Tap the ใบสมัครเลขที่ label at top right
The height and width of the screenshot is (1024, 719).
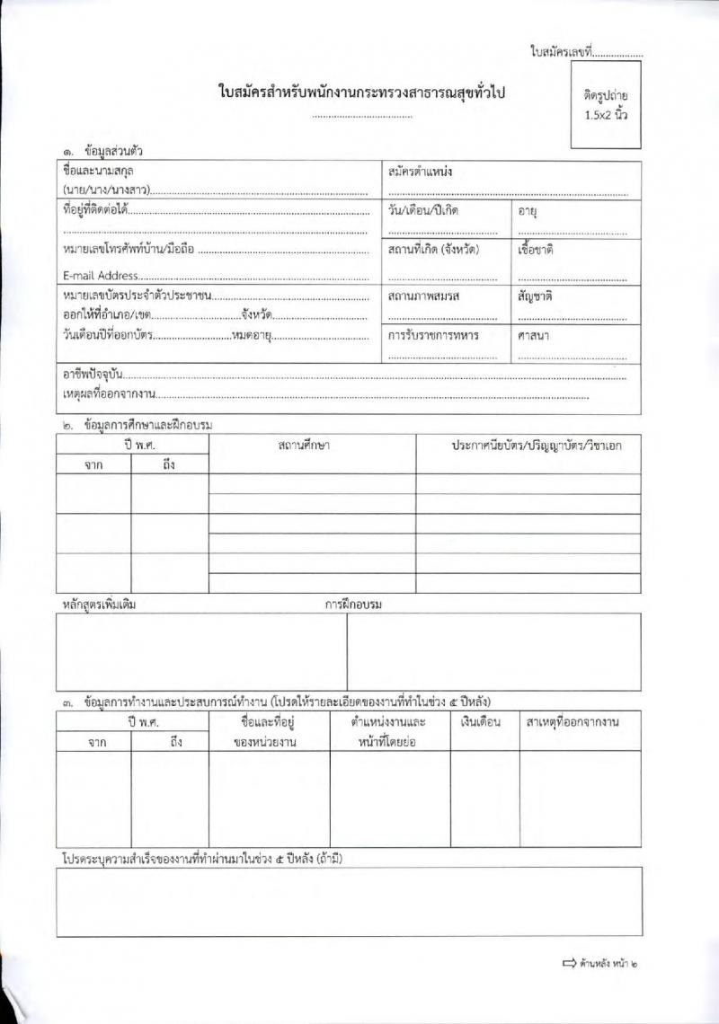click(562, 53)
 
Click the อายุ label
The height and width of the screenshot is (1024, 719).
click(528, 211)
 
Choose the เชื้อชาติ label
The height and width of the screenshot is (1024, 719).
click(536, 250)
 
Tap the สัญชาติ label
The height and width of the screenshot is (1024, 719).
click(535, 296)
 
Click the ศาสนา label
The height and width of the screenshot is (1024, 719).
click(533, 335)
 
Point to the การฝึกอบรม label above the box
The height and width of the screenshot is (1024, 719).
click(353, 605)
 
